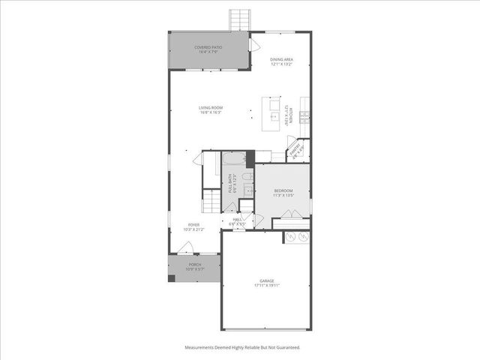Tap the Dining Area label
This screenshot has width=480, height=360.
point(281,58)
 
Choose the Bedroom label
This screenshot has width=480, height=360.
point(282,190)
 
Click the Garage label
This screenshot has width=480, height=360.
point(267,281)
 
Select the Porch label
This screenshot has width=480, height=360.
point(194,264)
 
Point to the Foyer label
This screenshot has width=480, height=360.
point(194,225)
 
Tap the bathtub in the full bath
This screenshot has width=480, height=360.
point(234,159)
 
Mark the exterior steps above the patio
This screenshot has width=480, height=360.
point(240,19)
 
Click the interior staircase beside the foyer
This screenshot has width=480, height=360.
point(210,201)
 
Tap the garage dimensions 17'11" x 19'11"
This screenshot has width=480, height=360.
point(267,286)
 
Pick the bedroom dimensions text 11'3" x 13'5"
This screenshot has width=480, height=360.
point(282,195)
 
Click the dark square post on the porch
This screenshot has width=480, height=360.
point(172,278)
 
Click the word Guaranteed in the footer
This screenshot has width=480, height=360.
point(287,347)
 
